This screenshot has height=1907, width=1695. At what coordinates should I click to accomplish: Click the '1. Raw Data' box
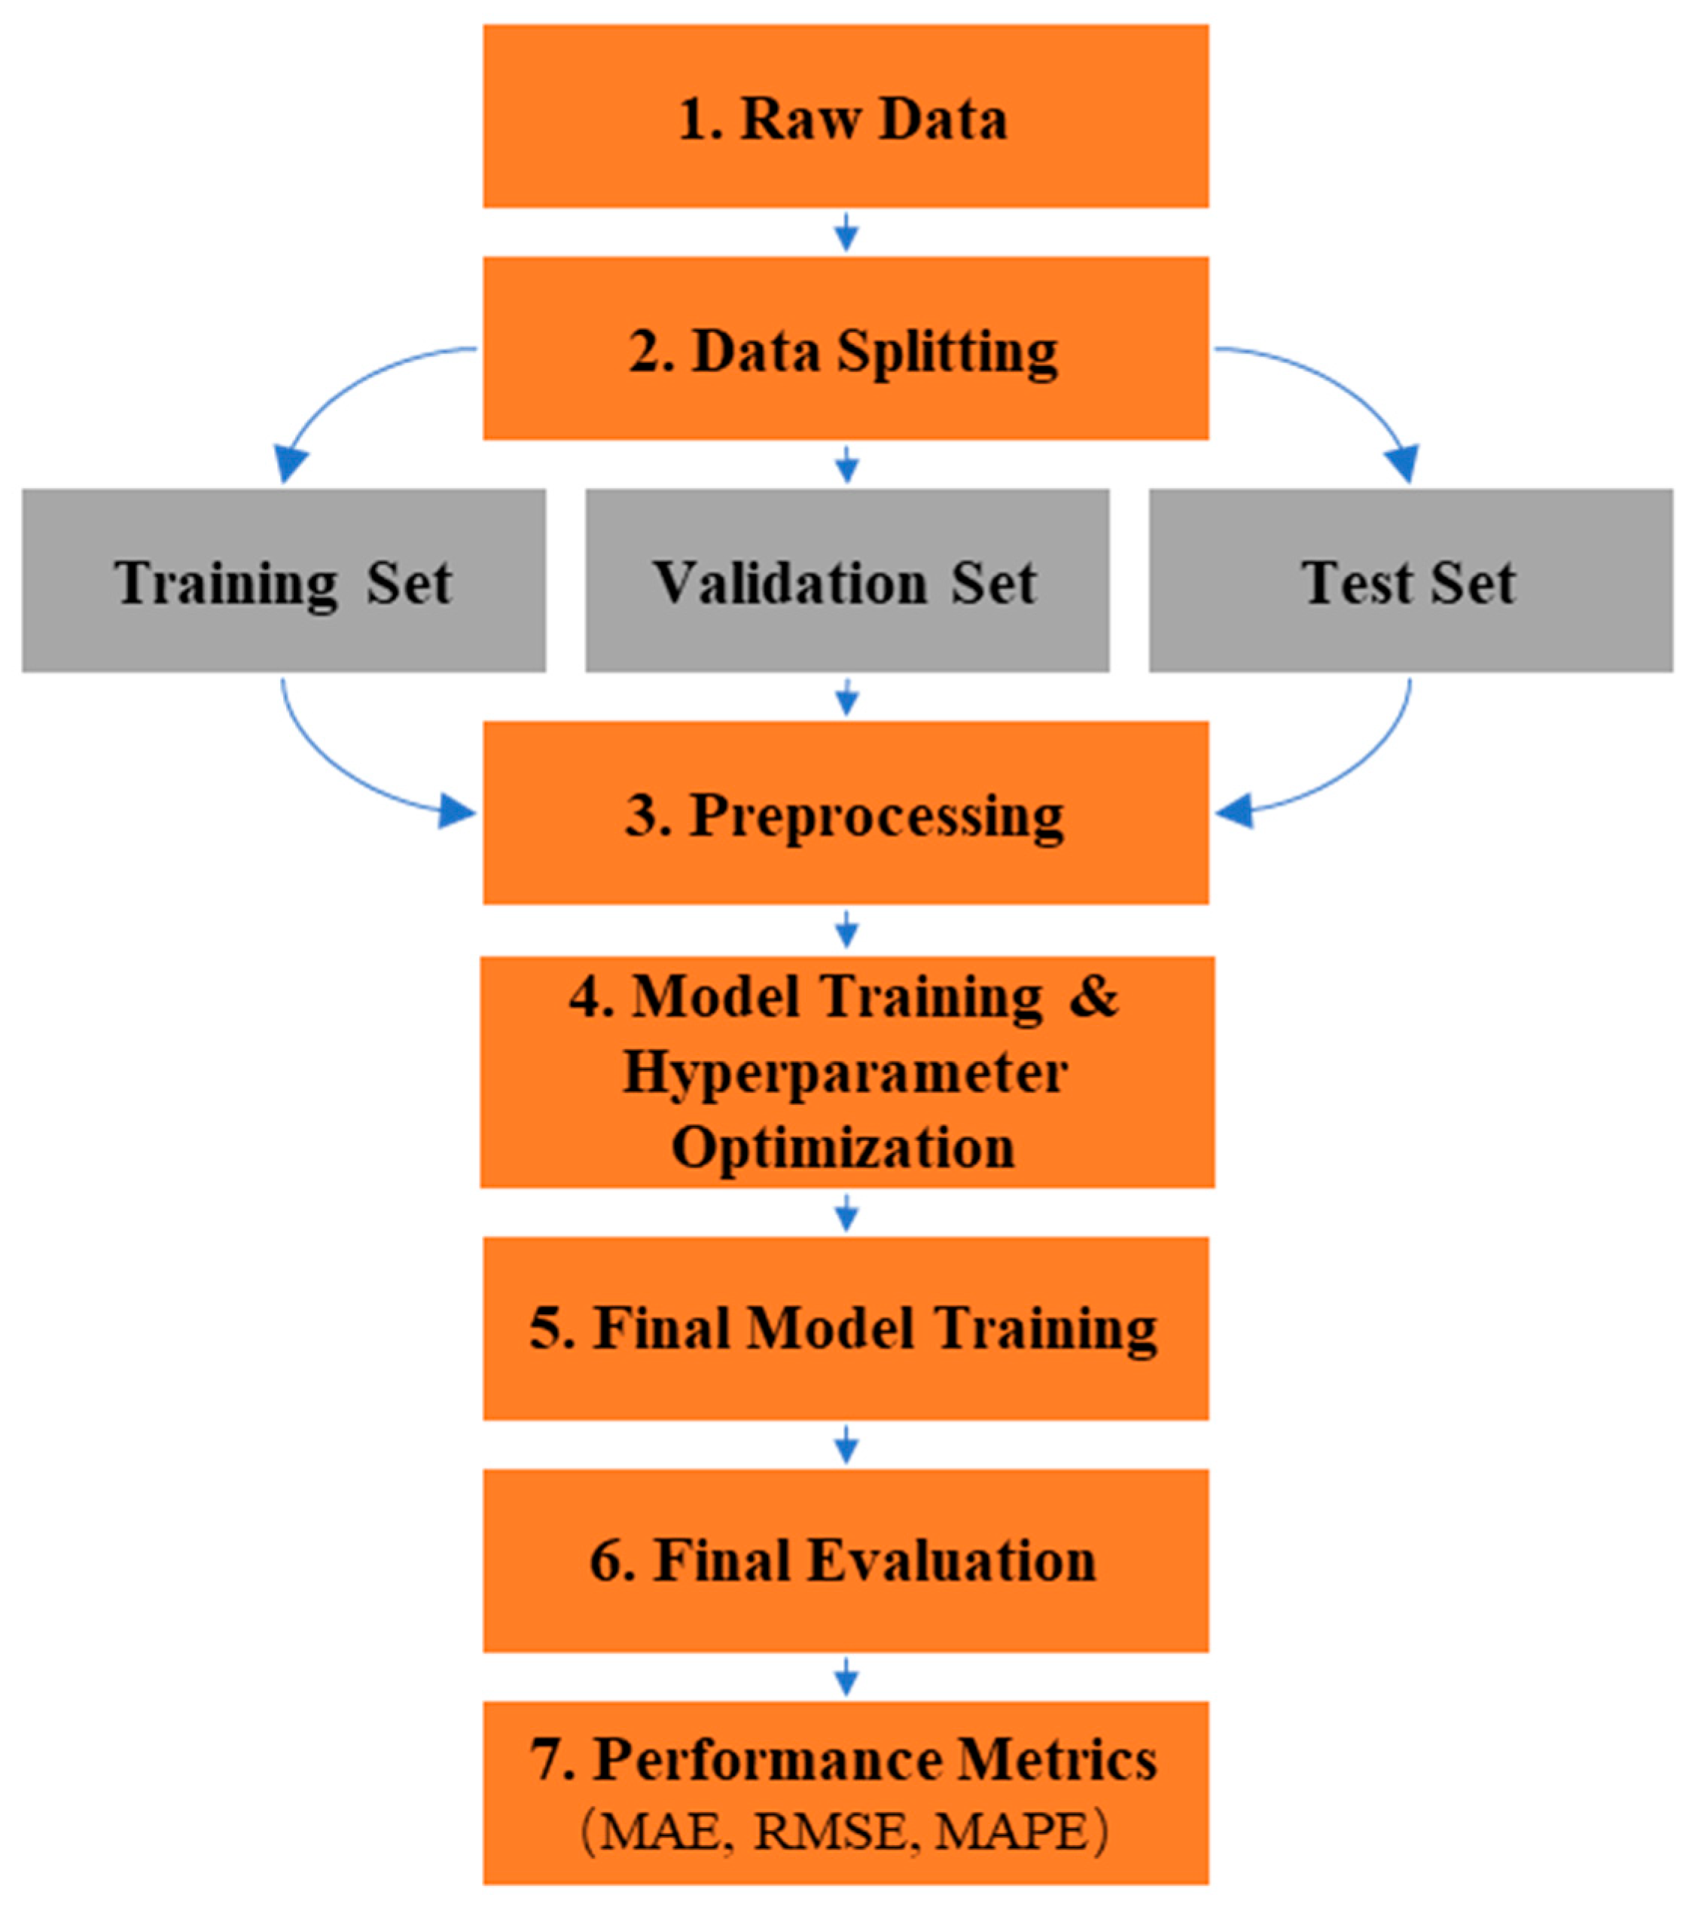tap(845, 116)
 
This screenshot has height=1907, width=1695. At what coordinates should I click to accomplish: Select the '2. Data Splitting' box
tap(845, 348)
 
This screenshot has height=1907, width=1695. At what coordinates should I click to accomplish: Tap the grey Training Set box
tap(284, 581)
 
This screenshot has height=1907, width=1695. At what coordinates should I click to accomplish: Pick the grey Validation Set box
tap(847, 581)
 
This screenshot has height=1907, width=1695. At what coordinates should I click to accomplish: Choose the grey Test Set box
tap(1410, 581)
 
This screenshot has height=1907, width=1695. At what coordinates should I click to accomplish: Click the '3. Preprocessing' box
tap(845, 813)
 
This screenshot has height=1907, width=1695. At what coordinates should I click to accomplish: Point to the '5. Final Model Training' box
tap(845, 1328)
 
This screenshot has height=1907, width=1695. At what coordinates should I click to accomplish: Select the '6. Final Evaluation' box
tap(845, 1560)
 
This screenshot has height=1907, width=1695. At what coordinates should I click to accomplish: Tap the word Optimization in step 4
tap(843, 1146)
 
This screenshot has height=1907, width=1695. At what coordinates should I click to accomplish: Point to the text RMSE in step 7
tap(829, 1832)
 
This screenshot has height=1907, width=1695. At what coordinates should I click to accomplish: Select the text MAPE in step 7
tap(1011, 1832)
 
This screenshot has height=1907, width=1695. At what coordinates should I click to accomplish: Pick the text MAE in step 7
tap(660, 1832)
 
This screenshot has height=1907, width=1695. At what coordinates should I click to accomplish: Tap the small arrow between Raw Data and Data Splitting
tap(846, 231)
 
